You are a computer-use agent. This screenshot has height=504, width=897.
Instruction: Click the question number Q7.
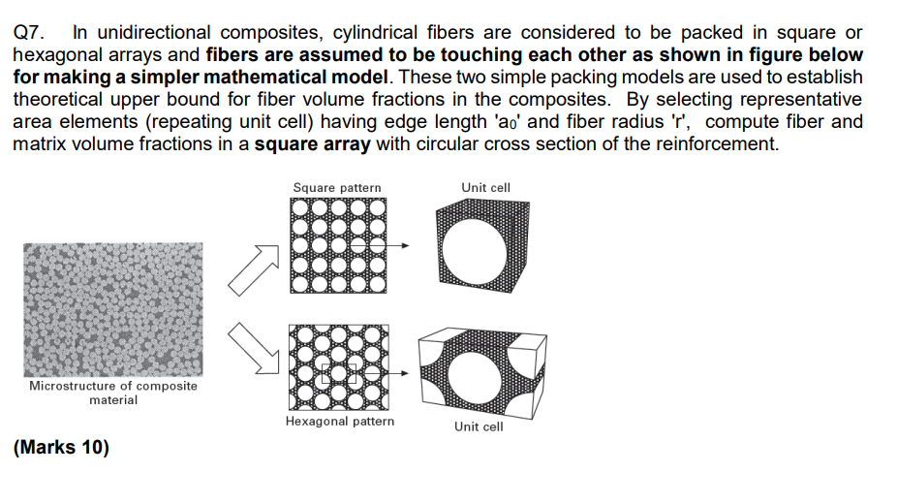[x=29, y=33]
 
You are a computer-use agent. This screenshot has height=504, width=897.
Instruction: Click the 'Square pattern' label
[x=336, y=187]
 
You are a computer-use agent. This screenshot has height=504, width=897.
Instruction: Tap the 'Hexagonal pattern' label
[x=340, y=422]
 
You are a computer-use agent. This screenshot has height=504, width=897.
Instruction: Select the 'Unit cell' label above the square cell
[x=486, y=187]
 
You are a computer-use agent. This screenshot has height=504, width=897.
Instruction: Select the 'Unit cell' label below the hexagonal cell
[x=479, y=426]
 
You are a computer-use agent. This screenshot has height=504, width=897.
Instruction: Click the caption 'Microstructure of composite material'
[x=113, y=393]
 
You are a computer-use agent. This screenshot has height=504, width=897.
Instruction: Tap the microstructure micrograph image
[x=113, y=309]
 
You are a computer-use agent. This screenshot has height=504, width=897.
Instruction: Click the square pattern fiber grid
[x=336, y=244]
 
